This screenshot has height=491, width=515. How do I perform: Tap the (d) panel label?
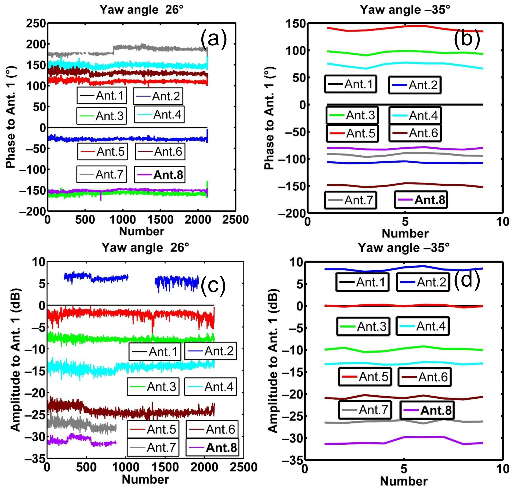(467, 280)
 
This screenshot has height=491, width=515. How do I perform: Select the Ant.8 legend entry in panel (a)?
(160, 175)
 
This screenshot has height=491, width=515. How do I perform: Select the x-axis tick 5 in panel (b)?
(405, 222)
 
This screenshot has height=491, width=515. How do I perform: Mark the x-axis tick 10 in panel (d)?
(502, 469)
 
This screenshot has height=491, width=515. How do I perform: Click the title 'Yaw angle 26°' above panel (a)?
(141, 10)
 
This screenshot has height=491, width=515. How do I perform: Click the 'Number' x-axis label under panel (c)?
(145, 479)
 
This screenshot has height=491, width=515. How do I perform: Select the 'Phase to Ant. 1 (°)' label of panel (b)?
(269, 118)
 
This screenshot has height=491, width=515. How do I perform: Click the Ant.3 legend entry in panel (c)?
(153, 386)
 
